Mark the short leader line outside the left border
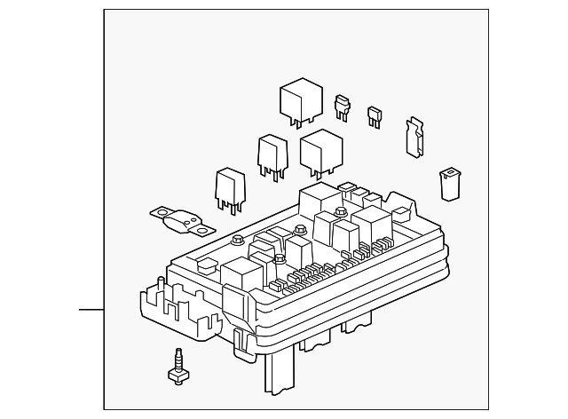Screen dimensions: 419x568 [91, 310]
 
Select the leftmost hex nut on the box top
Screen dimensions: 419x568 [237, 240]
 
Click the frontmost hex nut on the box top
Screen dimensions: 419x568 [280, 259]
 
